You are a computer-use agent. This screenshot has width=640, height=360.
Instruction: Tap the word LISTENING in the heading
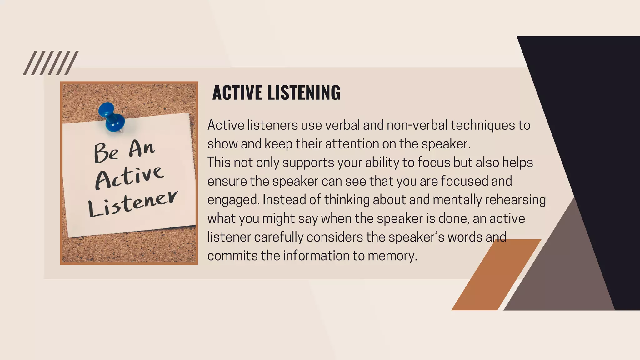coord(304,93)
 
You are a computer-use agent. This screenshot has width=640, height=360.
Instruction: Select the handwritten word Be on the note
coord(107,153)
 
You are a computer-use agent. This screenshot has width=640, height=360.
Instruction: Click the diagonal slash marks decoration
coord(51,63)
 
